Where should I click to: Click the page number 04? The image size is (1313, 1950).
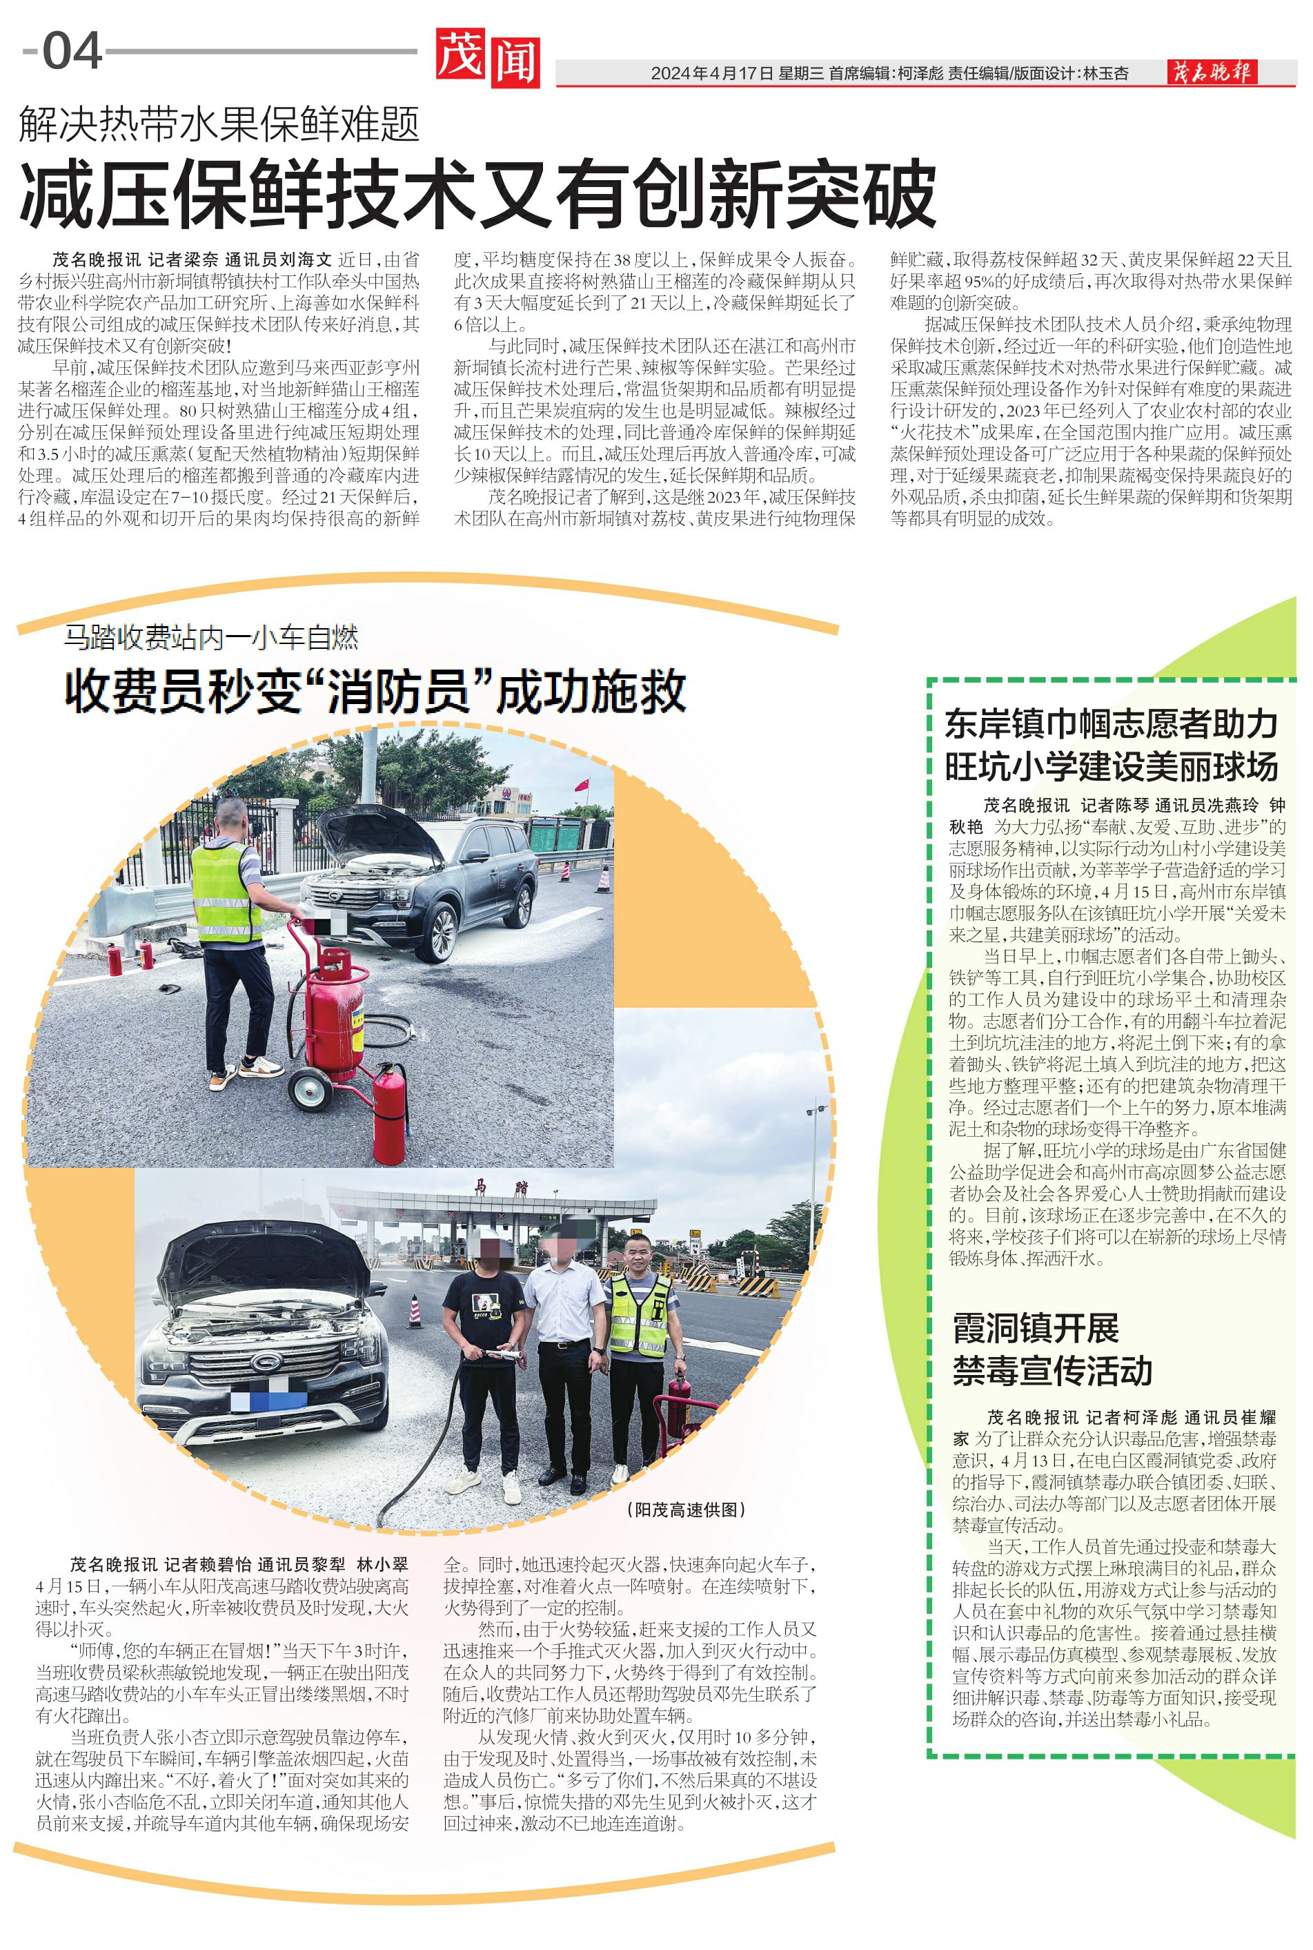(72, 52)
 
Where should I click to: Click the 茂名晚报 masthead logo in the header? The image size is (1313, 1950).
(1212, 73)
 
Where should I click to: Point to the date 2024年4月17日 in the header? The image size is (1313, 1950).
(712, 74)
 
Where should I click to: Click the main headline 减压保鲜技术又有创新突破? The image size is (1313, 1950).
(477, 195)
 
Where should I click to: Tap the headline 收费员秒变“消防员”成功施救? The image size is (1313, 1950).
(375, 692)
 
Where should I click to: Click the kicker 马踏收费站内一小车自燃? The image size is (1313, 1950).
(212, 638)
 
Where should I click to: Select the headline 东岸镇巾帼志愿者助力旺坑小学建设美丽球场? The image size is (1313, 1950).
(1112, 745)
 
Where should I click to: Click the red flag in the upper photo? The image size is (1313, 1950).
(581, 785)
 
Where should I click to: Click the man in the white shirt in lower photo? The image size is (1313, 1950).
(565, 1357)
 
